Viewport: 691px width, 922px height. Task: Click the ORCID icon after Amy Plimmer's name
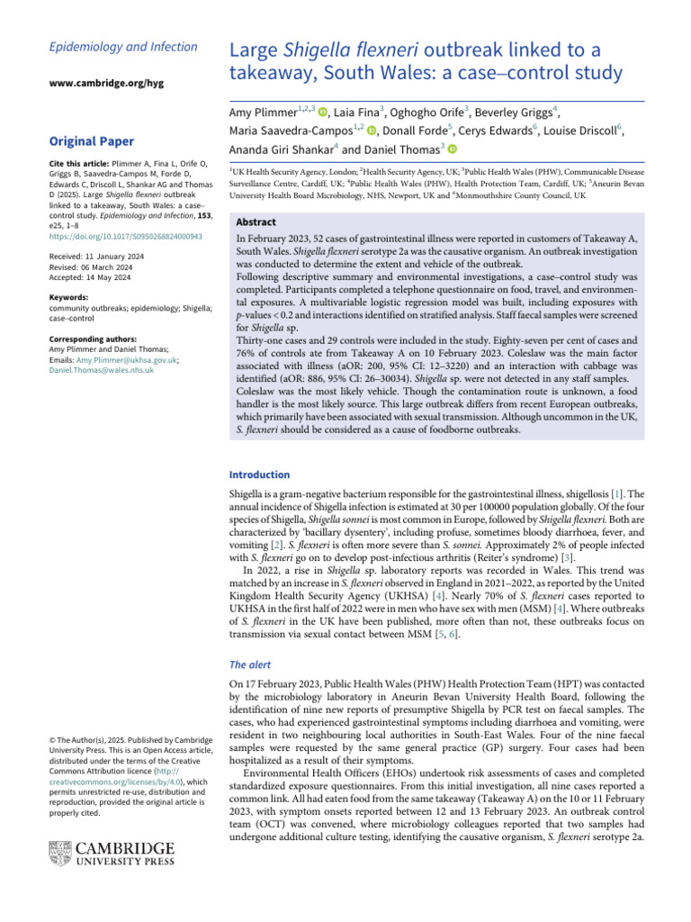(322, 113)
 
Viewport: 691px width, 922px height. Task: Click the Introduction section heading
(259, 475)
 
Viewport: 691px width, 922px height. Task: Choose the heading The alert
(251, 664)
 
